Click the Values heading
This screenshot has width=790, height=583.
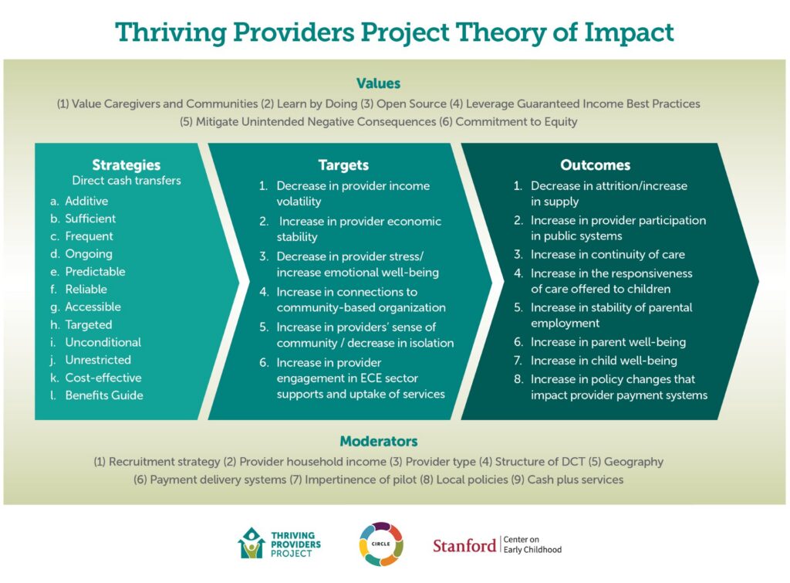tap(378, 83)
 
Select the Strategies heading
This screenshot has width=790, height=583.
tap(126, 165)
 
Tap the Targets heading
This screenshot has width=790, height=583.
tap(343, 165)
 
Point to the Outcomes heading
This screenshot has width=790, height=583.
tap(595, 165)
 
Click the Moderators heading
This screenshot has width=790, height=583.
tap(379, 441)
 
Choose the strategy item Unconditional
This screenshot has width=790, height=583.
tap(103, 342)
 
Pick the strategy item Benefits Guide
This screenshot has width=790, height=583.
tap(104, 395)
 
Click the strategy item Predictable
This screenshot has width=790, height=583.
tap(95, 271)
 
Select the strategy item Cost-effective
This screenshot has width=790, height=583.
tap(103, 378)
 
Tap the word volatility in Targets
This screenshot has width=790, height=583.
tap(299, 202)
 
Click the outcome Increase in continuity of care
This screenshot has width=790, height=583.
tap(608, 254)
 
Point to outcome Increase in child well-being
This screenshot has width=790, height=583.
tap(603, 360)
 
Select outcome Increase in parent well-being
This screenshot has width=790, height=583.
tap(608, 342)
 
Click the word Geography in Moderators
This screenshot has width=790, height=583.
tap(633, 462)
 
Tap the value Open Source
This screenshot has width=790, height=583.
tap(412, 104)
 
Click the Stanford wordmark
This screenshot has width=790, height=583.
tap(464, 545)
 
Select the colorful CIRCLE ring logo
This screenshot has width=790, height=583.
tap(381, 544)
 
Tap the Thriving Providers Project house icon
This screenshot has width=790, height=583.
tap(251, 543)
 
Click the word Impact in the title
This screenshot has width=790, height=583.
tap(629, 33)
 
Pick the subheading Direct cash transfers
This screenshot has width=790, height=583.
tap(127, 181)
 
